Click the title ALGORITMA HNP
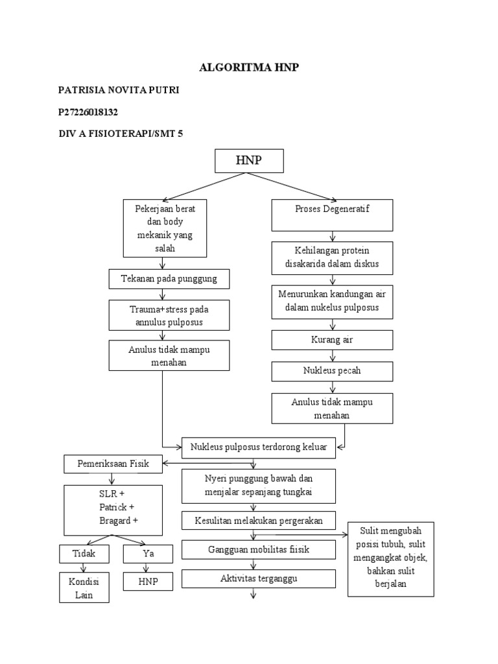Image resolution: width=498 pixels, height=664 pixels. point(249,67)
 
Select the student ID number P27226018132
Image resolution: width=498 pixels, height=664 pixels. point(88,112)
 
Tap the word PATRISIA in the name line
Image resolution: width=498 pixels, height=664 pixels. point(80,89)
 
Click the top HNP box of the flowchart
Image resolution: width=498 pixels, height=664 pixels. point(249,161)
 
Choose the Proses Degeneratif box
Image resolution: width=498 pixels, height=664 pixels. point(332,215)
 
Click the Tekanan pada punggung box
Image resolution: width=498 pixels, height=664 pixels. point(168,279)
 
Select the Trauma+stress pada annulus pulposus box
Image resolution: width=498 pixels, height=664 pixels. point(168,315)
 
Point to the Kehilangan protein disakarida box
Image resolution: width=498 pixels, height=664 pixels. point(332,257)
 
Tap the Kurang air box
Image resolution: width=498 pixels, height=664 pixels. point(332,340)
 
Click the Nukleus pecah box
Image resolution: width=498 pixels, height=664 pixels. point(332,372)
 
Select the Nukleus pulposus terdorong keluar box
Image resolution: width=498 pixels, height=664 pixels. point(259,447)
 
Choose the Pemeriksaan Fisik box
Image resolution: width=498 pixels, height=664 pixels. point(113,464)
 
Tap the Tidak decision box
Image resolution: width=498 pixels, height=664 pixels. point(84,554)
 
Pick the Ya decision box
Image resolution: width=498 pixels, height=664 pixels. point(148,554)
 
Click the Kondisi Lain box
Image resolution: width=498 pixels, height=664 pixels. point(84,588)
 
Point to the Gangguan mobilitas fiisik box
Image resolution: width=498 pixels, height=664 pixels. point(258,550)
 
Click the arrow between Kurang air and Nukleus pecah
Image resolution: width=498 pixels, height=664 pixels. point(332,356)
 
